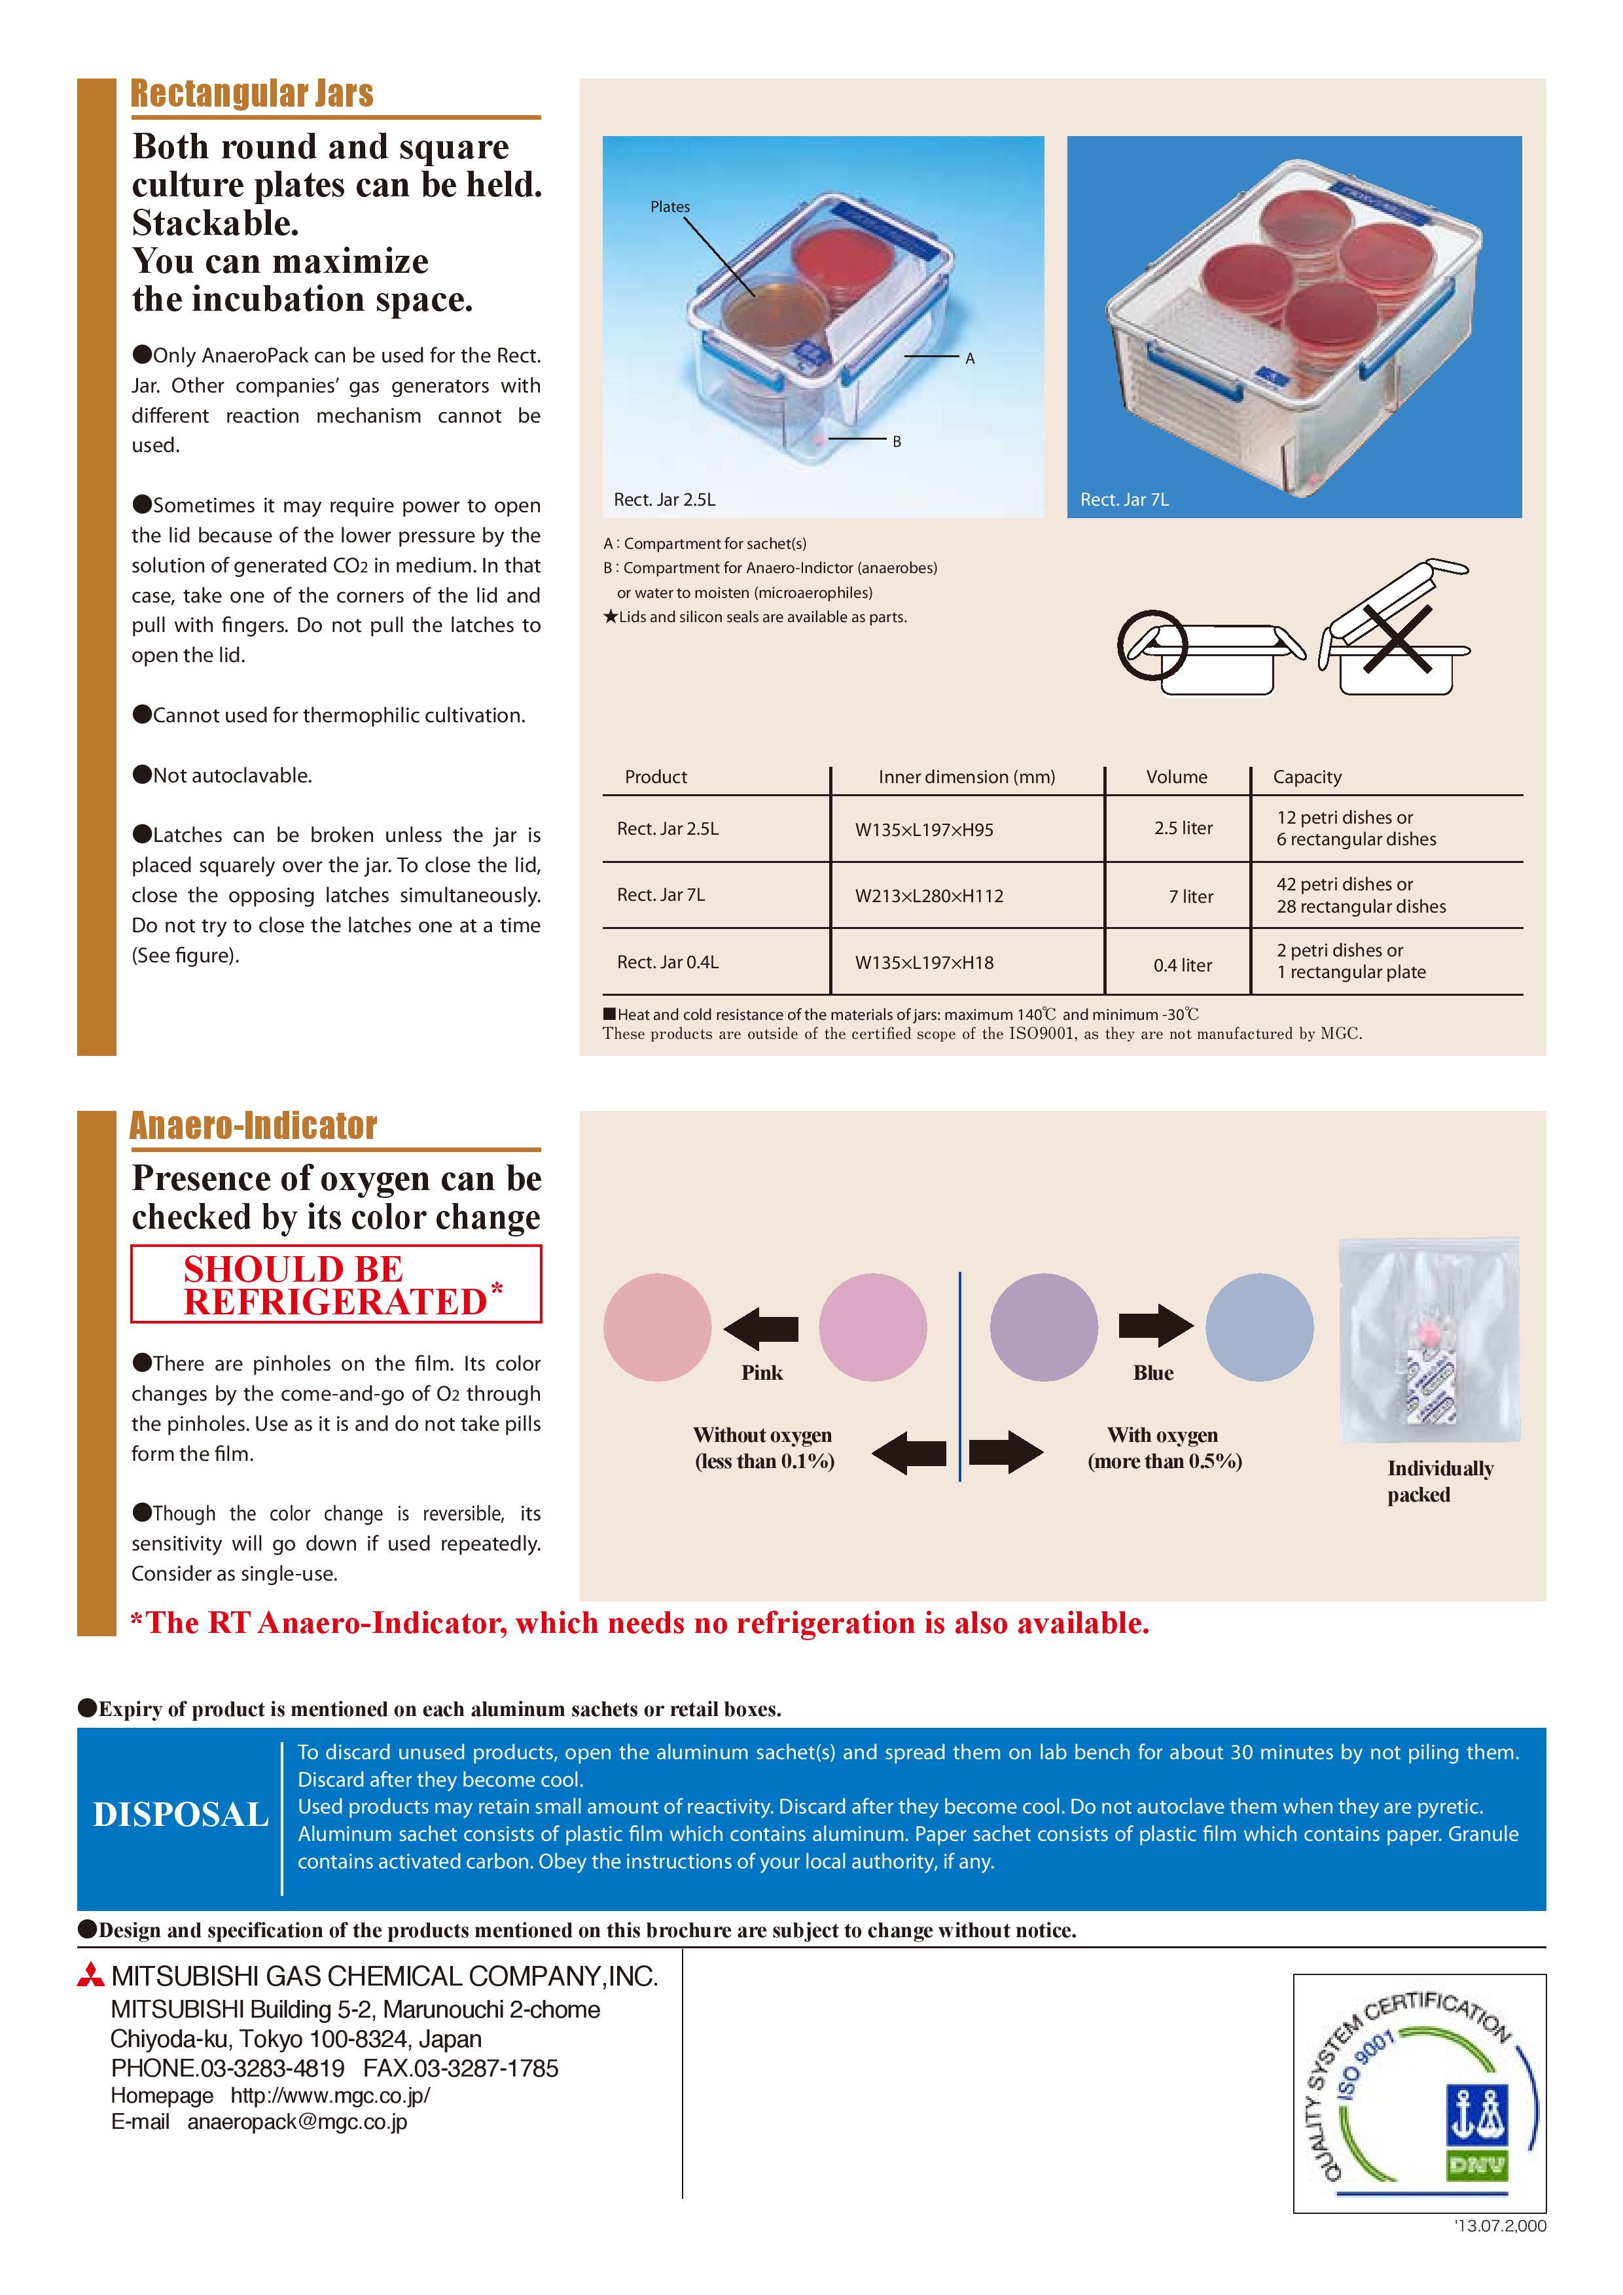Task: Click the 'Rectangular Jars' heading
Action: point(252,93)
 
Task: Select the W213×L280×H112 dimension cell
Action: point(929,896)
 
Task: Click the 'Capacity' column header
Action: point(1307,777)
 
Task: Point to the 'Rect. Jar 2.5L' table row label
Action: point(668,829)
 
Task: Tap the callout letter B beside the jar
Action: point(897,441)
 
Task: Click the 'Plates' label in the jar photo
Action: point(670,207)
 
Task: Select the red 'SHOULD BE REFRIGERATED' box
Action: point(336,1284)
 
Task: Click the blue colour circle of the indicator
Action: point(1259,1327)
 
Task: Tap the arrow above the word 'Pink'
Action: point(761,1327)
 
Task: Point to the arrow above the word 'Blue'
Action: point(1155,1326)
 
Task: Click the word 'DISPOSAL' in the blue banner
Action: point(181,1814)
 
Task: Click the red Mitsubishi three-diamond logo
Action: point(91,1976)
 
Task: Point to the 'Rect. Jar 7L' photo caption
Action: point(1124,500)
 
